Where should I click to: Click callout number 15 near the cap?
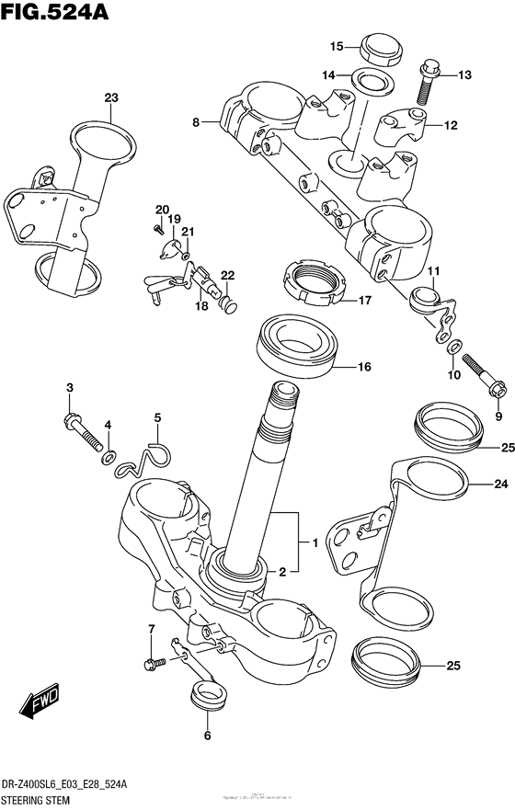point(337,46)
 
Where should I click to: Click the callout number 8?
point(196,121)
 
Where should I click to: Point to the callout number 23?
point(111,97)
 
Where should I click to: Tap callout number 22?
point(227,275)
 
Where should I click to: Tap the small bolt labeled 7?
point(154,660)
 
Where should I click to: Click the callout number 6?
point(207,736)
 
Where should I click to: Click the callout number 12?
point(451,126)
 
